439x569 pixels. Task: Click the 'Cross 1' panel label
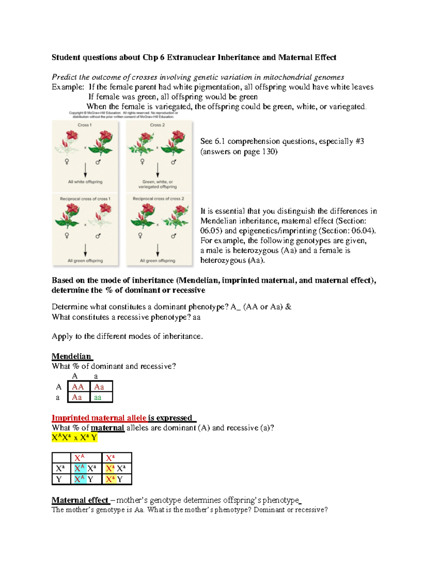85,125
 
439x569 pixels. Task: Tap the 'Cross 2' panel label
157,125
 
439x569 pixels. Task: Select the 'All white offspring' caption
85,182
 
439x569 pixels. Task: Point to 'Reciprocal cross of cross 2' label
158,199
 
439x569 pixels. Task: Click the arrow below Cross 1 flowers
85,170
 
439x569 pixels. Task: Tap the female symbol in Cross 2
142,162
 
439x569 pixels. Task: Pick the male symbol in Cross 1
98,162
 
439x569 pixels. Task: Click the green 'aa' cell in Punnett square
98,398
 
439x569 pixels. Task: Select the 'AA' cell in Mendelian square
78,387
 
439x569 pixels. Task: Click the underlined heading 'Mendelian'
72,356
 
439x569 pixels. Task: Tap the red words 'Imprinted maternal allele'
99,418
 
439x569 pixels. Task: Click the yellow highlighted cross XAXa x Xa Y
75,437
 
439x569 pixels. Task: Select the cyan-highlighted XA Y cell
84,479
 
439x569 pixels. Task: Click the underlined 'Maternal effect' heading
80,500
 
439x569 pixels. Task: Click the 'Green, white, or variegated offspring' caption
158,184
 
